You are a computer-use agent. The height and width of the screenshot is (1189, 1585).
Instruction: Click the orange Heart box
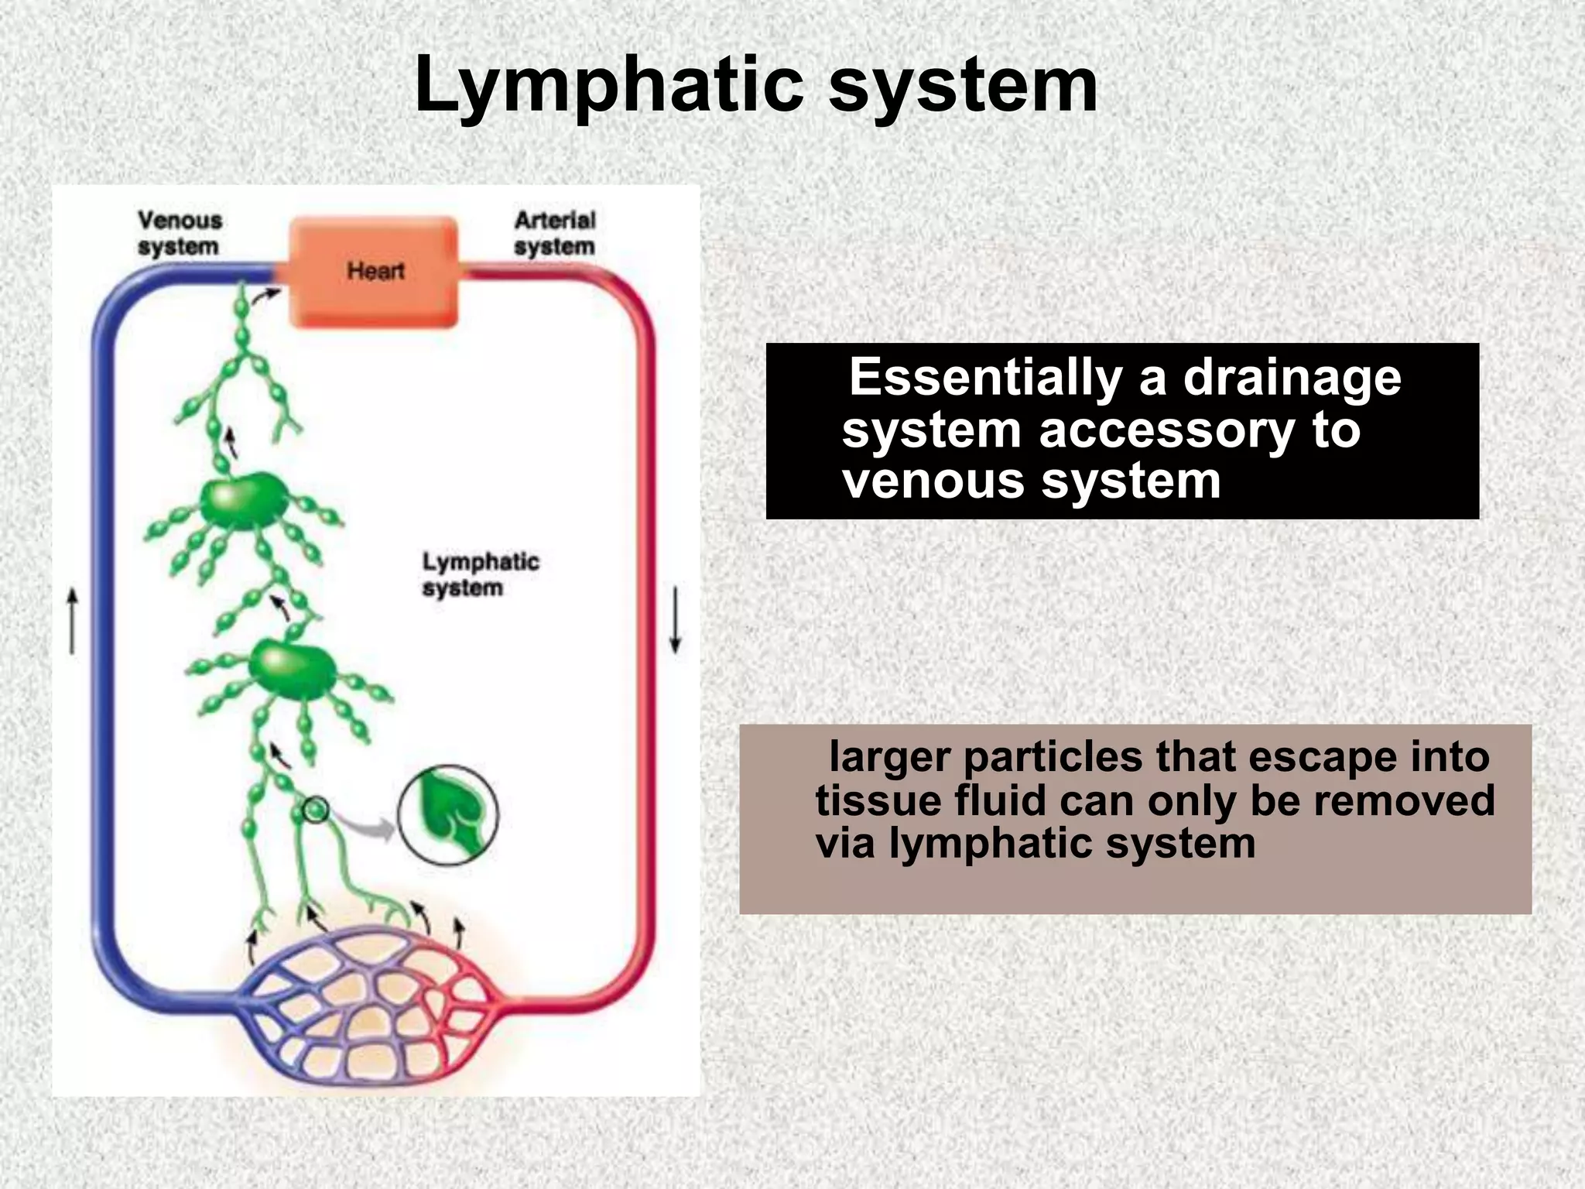click(x=374, y=271)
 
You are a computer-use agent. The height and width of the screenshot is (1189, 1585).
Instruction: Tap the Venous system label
click(x=180, y=233)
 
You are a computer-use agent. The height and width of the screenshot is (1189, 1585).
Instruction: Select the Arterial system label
click(x=554, y=233)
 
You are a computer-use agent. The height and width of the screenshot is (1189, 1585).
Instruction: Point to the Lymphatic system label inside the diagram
click(x=480, y=574)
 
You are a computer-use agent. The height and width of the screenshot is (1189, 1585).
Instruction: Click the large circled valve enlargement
click(x=448, y=814)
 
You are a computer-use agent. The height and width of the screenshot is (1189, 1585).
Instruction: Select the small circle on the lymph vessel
click(x=315, y=810)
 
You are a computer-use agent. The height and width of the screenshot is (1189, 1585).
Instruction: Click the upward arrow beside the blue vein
click(x=72, y=620)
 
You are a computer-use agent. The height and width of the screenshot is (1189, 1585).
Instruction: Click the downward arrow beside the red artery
click(x=675, y=620)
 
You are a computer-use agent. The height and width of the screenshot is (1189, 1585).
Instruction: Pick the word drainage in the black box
click(x=1292, y=378)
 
